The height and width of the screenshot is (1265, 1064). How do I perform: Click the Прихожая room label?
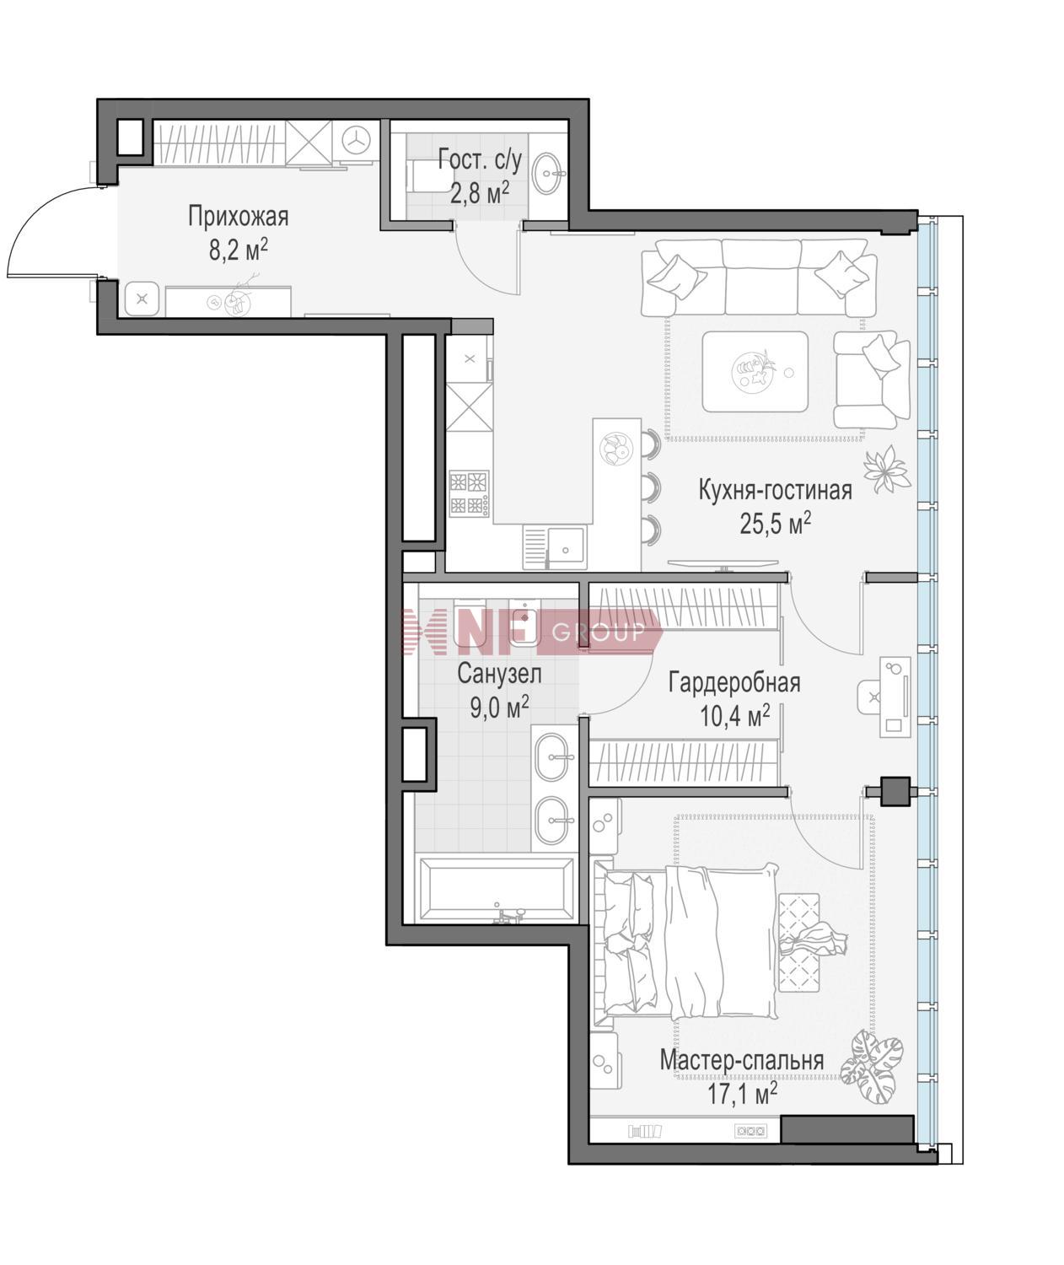(238, 216)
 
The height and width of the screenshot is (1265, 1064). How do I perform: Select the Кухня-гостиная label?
(775, 490)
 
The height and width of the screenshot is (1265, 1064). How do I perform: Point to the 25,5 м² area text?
(775, 524)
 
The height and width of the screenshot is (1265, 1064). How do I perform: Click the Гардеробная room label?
(734, 683)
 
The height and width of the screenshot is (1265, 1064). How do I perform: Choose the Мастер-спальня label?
(742, 1060)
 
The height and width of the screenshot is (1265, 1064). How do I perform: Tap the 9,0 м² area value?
(500, 707)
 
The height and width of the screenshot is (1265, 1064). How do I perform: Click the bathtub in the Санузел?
(496, 889)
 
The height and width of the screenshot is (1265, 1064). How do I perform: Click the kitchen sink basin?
(565, 548)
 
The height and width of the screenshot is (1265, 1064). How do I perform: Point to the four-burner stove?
(469, 493)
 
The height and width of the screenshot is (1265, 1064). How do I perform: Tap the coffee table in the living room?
(755, 372)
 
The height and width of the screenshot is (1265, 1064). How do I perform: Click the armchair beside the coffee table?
(872, 379)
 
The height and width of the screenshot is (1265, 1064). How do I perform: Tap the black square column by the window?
(895, 792)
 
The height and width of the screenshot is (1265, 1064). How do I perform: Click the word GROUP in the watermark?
(599, 633)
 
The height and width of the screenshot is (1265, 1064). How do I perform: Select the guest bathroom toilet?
(425, 175)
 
